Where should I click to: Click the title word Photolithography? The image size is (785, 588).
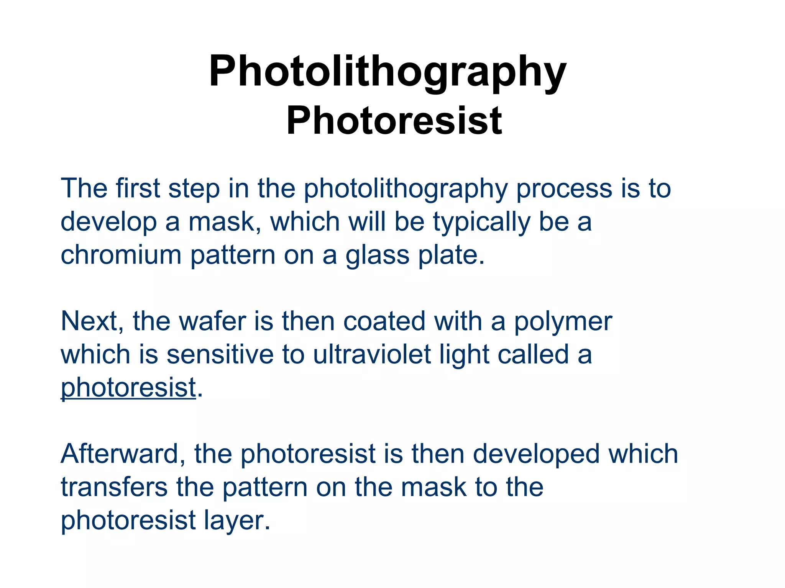point(388,72)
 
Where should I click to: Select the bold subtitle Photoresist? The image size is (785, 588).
point(394,121)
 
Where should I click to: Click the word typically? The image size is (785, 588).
point(482,222)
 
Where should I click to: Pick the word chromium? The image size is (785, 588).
point(121,255)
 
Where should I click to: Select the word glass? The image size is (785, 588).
point(377,256)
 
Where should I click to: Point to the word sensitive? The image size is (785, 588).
point(220,354)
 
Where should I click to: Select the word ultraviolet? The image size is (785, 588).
point(372,354)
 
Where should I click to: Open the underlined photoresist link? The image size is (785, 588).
point(128,388)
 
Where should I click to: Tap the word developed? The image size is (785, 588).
point(536,454)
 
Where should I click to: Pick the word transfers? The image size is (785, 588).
point(114,487)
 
